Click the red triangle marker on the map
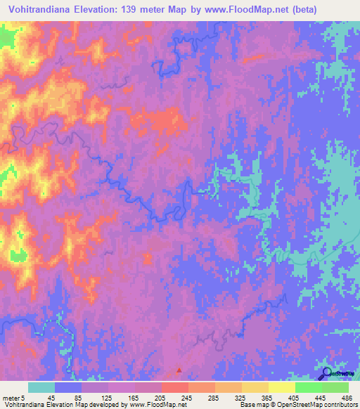pos(179,370)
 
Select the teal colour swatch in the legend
pos(41,387)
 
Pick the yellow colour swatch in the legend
pos(255,387)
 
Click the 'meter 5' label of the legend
pos(13,398)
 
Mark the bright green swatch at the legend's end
pos(335,387)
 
